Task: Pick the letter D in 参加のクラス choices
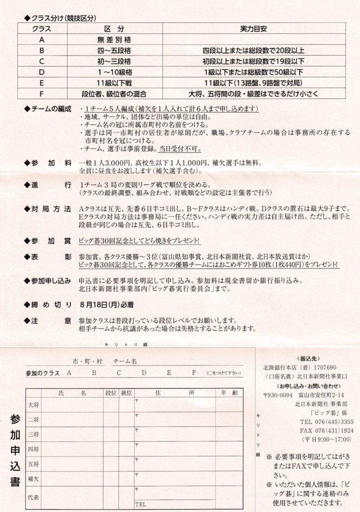144,373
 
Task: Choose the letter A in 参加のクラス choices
68,373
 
